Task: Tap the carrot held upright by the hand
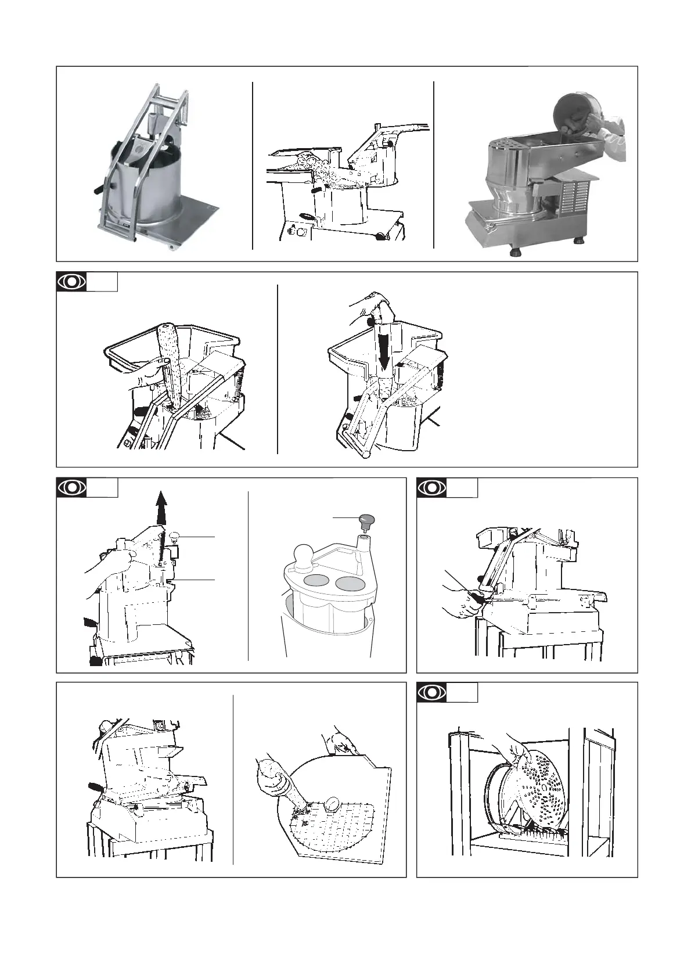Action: point(170,360)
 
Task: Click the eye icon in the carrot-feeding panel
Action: point(72,282)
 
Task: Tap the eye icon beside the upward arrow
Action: point(72,487)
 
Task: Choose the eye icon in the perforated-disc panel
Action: point(432,692)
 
